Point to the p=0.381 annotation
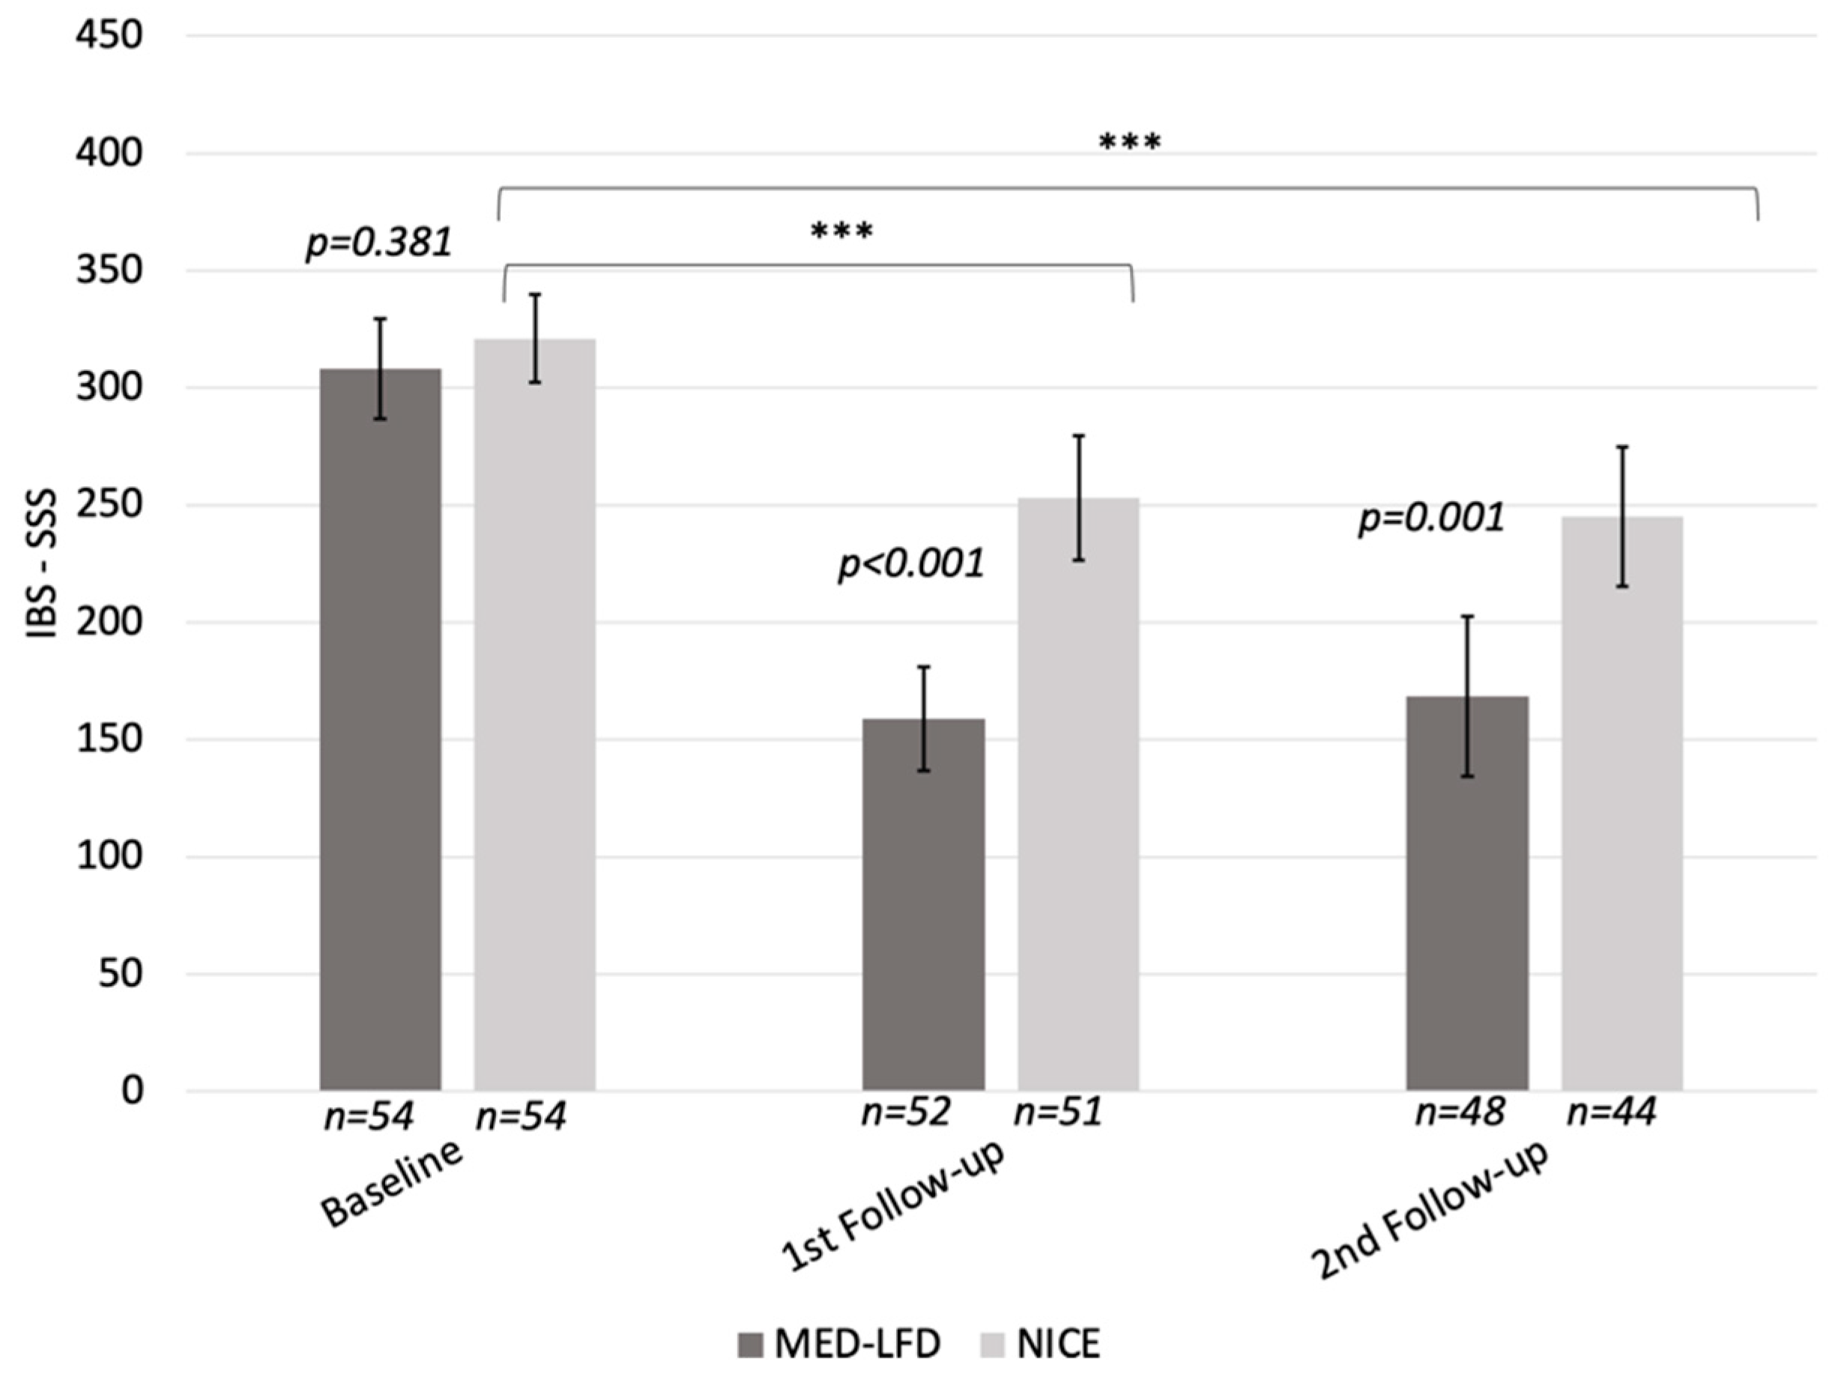379,243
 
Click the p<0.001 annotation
910,564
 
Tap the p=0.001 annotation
1431,518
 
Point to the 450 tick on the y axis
109,36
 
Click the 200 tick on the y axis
109,623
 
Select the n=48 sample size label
1460,1113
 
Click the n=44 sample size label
1611,1113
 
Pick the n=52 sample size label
906,1113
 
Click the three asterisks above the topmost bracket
1129,142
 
